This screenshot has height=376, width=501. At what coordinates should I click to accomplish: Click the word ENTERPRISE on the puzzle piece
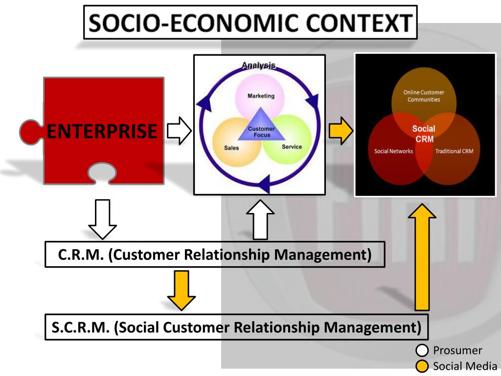click(x=102, y=132)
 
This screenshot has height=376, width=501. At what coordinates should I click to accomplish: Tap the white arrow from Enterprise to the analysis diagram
click(x=179, y=131)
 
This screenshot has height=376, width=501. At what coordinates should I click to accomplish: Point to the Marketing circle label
click(x=261, y=96)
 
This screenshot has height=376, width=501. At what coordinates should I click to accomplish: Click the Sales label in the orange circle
click(x=231, y=148)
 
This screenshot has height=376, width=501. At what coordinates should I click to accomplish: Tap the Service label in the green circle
click(x=292, y=146)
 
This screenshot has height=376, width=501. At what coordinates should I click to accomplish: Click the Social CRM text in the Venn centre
click(x=424, y=134)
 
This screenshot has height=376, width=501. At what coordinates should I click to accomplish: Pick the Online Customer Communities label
click(x=424, y=96)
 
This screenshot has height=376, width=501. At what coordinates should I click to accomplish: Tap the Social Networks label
click(x=393, y=151)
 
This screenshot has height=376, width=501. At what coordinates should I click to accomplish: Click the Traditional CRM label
click(x=455, y=151)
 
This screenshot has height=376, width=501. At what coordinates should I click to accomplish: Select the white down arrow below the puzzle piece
click(x=103, y=218)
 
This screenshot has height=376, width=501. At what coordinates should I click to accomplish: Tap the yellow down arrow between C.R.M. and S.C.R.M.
click(x=181, y=290)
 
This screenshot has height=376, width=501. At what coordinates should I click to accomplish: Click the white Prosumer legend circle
click(x=422, y=351)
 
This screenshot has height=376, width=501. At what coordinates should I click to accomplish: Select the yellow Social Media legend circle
click(x=422, y=366)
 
